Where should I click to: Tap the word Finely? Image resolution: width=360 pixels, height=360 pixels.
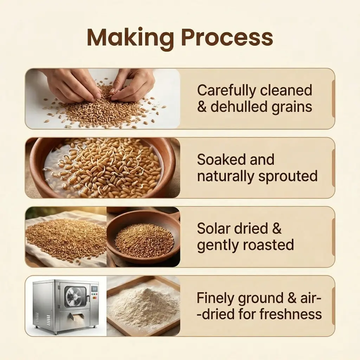216,298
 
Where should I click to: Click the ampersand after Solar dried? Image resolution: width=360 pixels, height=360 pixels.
277,229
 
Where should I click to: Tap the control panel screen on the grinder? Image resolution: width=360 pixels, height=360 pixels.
94,289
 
